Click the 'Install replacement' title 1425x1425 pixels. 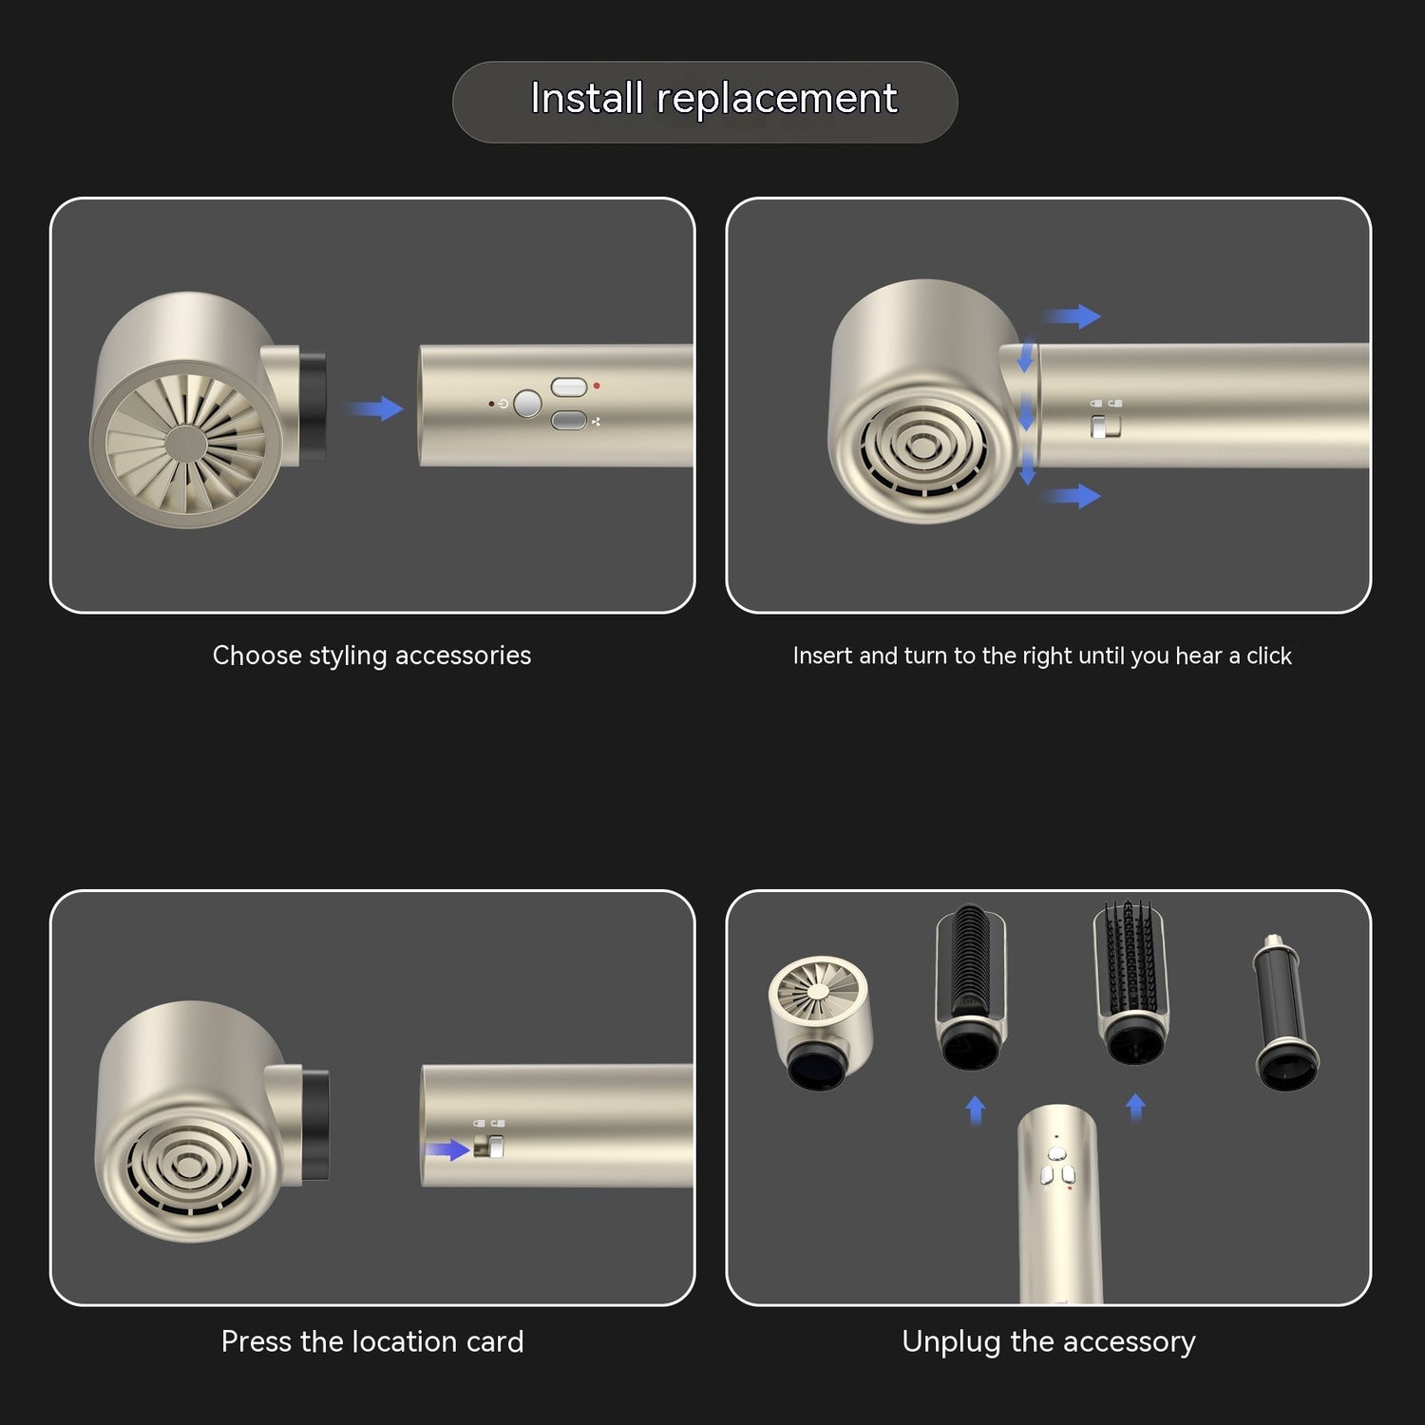[712, 99]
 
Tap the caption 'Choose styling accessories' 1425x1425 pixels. [371, 655]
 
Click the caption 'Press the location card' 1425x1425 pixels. [371, 1341]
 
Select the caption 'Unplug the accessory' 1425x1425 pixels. [1048, 1341]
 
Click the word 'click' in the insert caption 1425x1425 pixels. [1268, 655]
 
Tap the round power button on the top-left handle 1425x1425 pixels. [527, 404]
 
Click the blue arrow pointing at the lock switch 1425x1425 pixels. [446, 1150]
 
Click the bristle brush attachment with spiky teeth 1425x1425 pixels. [1130, 983]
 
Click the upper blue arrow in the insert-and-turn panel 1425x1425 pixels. [1072, 316]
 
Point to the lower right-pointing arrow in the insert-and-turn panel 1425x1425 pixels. [1072, 495]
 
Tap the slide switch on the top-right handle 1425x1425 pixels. [1105, 427]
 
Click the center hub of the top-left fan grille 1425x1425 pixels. [185, 444]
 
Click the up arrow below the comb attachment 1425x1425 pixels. [975, 1109]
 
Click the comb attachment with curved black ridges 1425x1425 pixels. [970, 983]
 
